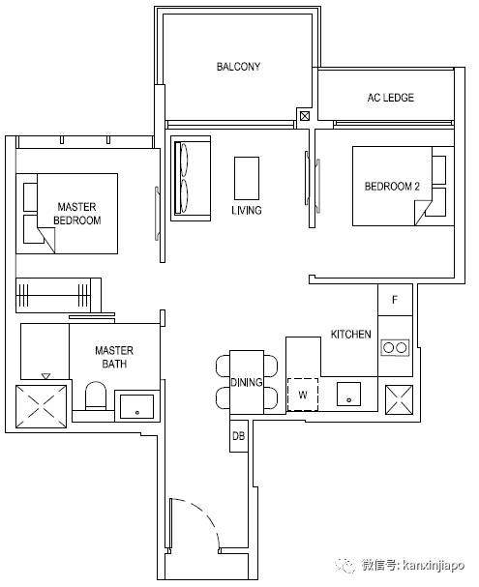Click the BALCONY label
point(238,67)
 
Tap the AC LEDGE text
point(391,98)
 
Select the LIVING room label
point(247,210)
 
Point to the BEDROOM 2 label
point(392,186)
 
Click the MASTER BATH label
point(114,357)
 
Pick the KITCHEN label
point(351,334)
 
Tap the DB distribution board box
point(239,436)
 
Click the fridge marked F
point(395,300)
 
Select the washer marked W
point(303,395)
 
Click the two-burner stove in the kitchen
point(395,347)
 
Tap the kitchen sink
point(348,394)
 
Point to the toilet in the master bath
point(96,396)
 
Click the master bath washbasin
point(136,406)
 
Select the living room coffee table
point(247,178)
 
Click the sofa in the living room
point(191,179)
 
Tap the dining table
point(247,382)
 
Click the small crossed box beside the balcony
point(305,116)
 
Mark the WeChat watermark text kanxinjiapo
point(433,565)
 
